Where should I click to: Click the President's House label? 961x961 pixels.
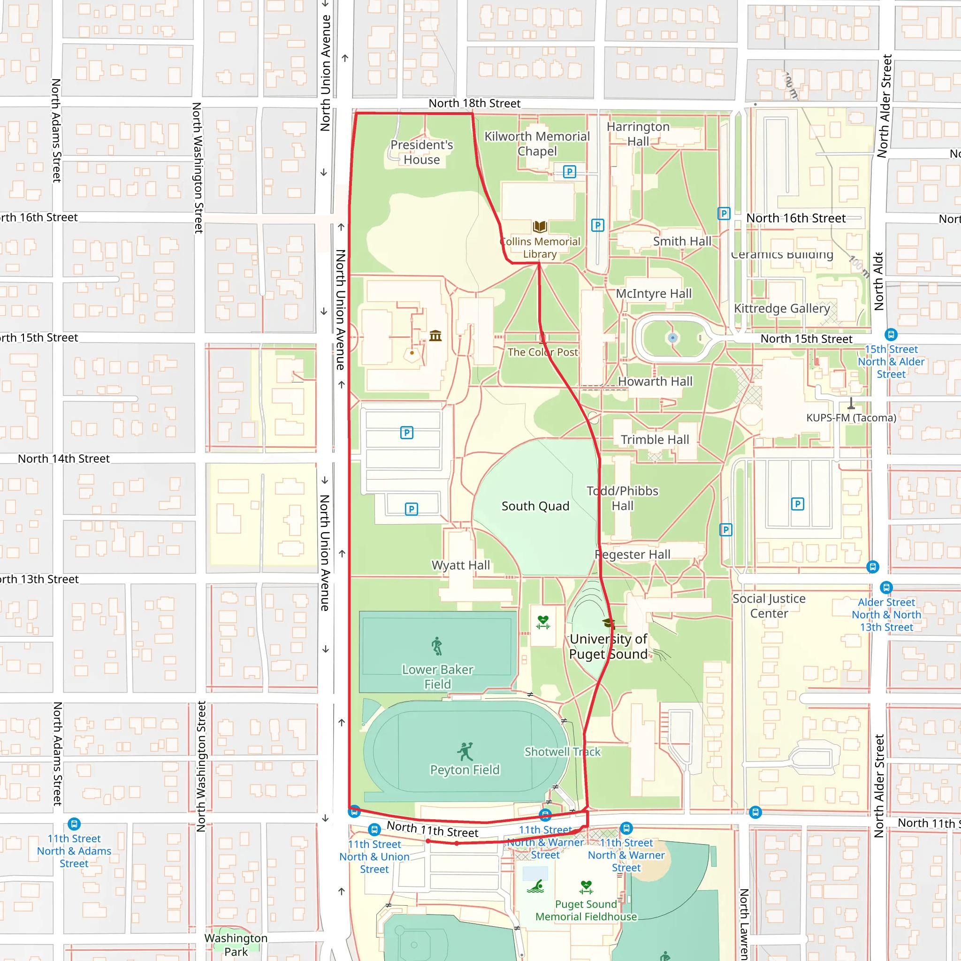tap(421, 152)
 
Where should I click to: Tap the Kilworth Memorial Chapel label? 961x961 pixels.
tap(537, 144)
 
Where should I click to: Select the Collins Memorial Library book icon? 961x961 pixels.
tap(540, 227)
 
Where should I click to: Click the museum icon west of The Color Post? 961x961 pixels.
tap(435, 336)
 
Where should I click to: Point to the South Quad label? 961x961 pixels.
tap(535, 506)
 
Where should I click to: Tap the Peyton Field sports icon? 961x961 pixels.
tap(465, 752)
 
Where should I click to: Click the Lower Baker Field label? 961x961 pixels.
tap(437, 677)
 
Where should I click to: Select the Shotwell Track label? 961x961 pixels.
tap(562, 752)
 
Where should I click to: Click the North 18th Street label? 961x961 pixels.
tap(474, 103)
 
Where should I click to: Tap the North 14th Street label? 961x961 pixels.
tap(64, 458)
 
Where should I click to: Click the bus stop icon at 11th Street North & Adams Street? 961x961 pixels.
tap(74, 824)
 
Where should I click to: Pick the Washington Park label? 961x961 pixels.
tap(236, 945)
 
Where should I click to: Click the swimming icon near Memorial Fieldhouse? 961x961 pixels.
tap(535, 887)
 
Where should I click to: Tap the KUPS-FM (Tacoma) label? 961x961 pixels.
tap(851, 418)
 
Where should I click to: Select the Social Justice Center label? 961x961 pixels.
tap(769, 606)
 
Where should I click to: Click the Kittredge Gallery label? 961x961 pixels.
tap(782, 308)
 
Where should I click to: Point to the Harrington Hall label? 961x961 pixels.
tap(638, 134)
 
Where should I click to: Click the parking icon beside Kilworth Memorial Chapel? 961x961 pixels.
tap(569, 172)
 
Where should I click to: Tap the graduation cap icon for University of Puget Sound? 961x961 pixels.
tap(608, 623)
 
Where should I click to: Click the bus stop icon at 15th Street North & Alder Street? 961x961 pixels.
tap(891, 334)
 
